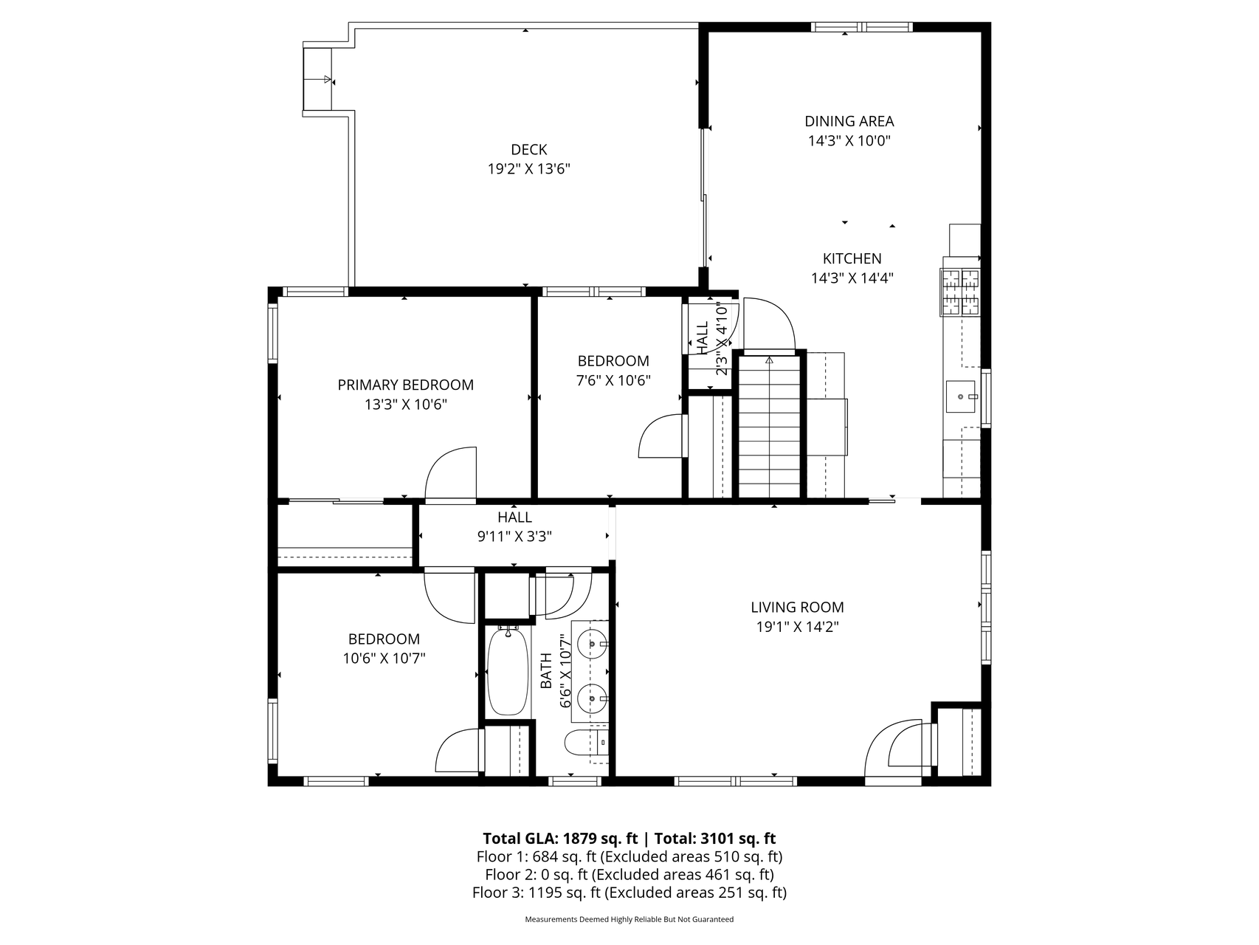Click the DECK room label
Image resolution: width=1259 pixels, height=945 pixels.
pyautogui.click(x=528, y=150)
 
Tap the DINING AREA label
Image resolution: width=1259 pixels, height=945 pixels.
pyautogui.click(x=849, y=121)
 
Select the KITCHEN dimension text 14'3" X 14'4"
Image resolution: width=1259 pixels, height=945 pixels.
pyautogui.click(x=852, y=278)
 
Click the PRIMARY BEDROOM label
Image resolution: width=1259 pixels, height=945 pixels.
pyautogui.click(x=405, y=385)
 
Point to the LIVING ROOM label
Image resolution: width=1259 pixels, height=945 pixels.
pyautogui.click(x=797, y=608)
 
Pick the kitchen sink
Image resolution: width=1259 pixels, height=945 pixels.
pyautogui.click(x=961, y=397)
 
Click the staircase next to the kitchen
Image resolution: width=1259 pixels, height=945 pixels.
pyautogui.click(x=770, y=427)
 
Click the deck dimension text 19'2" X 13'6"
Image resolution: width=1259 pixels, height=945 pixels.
pyautogui.click(x=528, y=169)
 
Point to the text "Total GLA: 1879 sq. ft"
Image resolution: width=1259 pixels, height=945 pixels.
pyautogui.click(x=560, y=838)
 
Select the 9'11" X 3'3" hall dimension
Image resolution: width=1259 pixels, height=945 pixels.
pyautogui.click(x=514, y=537)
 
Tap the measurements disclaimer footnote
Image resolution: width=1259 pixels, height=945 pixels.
pyautogui.click(x=629, y=920)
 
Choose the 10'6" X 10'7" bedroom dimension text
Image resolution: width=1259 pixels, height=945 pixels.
pyautogui.click(x=384, y=659)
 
